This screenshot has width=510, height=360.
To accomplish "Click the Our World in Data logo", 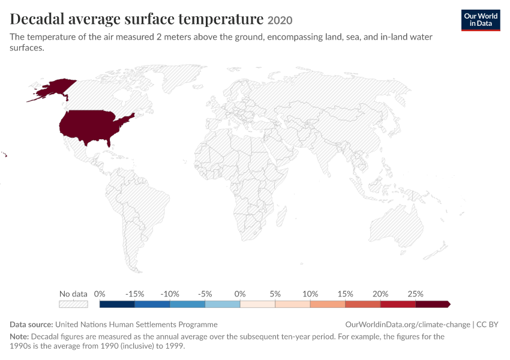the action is coord(481,20).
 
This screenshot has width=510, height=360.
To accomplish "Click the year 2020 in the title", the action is coord(280,20).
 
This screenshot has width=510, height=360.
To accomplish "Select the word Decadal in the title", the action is coord(37,19).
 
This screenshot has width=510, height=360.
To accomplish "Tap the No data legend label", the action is coord(73,294).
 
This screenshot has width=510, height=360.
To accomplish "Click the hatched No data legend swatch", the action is coord(73,304).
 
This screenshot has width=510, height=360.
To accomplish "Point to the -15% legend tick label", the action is coord(134,294).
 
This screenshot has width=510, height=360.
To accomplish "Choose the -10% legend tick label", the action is coord(170,294).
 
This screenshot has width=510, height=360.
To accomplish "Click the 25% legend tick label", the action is coord(415,294).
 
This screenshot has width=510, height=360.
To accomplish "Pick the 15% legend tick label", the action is coord(345,294).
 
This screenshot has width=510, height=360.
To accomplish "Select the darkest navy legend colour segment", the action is coord(117,304).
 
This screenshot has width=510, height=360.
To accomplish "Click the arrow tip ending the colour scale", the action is coord(450,304).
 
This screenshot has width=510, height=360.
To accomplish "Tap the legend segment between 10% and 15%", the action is coord(328,304).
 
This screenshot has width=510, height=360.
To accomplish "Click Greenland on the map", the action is coord(182,77).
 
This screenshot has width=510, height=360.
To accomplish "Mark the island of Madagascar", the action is coord(281,217).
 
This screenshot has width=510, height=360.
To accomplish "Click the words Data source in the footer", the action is coord(31,325).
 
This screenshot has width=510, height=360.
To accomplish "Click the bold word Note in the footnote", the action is coord(19,336).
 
